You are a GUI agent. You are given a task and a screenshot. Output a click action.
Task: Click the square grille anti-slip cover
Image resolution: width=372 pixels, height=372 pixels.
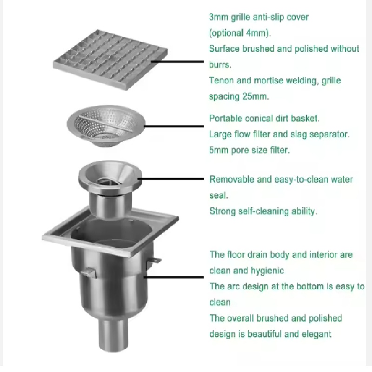coord(110,60)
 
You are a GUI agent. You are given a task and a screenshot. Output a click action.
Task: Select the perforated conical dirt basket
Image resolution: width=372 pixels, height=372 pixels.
coord(106,126)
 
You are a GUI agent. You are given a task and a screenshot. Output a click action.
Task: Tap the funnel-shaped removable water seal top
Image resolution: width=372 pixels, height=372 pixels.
coord(110,177)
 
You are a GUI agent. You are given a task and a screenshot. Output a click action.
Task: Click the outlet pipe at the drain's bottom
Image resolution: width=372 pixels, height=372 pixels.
coord(113,335)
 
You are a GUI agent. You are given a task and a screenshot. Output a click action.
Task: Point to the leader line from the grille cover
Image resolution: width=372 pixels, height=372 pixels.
coord(178,62)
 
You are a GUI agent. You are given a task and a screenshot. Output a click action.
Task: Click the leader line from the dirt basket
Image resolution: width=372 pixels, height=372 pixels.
coord(174,126)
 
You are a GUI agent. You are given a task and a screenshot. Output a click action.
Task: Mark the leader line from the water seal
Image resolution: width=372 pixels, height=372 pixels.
coord(171,179)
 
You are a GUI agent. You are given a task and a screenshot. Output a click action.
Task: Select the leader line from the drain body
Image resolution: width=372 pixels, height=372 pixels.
coord(173,277)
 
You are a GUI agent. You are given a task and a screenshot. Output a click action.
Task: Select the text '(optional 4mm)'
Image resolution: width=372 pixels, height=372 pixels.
coord(239,33)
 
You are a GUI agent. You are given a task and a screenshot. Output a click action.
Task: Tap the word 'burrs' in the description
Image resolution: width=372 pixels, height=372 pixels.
coord(219,65)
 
